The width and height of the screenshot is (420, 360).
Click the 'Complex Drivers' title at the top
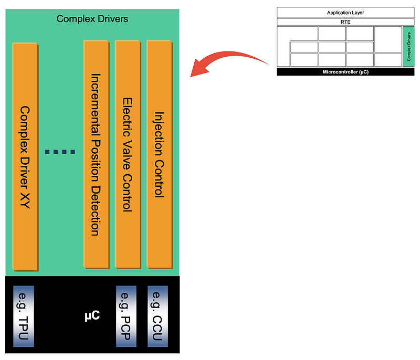[92, 19]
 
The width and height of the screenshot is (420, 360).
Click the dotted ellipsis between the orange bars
[60, 152]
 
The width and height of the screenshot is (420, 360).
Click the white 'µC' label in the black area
[92, 316]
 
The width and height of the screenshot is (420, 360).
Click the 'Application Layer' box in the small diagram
[345, 12]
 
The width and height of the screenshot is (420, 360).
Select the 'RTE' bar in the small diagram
[345, 22]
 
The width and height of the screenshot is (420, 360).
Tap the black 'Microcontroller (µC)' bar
[345, 72]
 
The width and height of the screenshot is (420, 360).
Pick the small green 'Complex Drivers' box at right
[409, 47]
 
